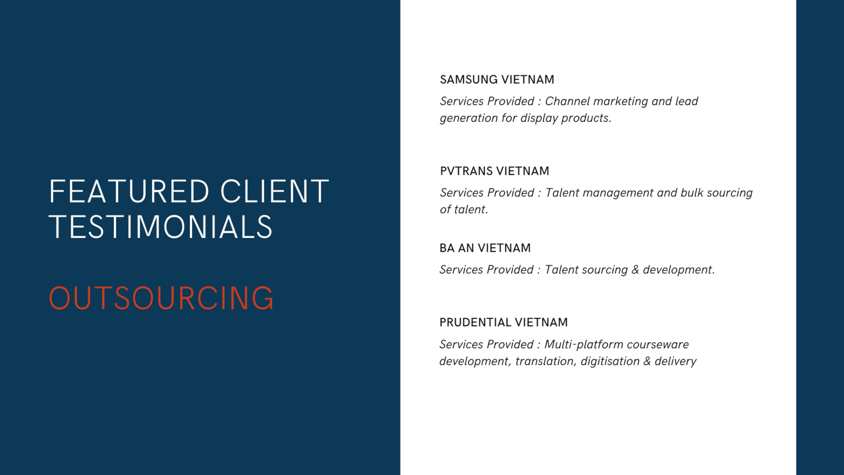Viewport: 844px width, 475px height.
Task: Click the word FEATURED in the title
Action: coord(129,192)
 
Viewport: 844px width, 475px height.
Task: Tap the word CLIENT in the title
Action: coord(275,192)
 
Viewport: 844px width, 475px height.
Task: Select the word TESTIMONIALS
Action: coord(160,227)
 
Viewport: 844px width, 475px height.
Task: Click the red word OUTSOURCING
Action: coord(161,298)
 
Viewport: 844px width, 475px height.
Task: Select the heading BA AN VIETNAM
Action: coord(485,248)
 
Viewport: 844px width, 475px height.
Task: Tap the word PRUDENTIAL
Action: coord(475,322)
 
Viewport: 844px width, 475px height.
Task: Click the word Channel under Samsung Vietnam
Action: coord(568,101)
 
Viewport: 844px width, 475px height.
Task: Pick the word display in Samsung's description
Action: coord(539,118)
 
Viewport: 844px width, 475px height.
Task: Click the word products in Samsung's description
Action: coord(586,118)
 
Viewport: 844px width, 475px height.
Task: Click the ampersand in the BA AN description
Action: coord(635,270)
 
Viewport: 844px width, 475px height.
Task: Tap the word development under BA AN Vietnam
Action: coord(678,270)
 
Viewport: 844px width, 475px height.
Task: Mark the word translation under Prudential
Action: coord(546,362)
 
